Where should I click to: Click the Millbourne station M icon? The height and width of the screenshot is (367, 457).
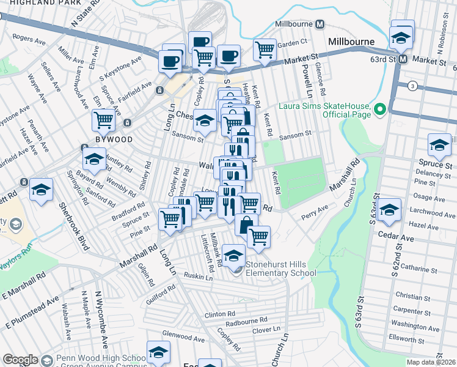click(x=319, y=24)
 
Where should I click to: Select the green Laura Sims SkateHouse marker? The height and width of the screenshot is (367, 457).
click(x=380, y=109)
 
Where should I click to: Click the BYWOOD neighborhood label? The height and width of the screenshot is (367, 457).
click(x=97, y=139)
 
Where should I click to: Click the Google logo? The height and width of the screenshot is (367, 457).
click(x=20, y=360)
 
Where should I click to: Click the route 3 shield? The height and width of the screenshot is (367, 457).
click(x=414, y=86)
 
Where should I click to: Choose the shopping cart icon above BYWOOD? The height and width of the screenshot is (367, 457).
click(x=104, y=119)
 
